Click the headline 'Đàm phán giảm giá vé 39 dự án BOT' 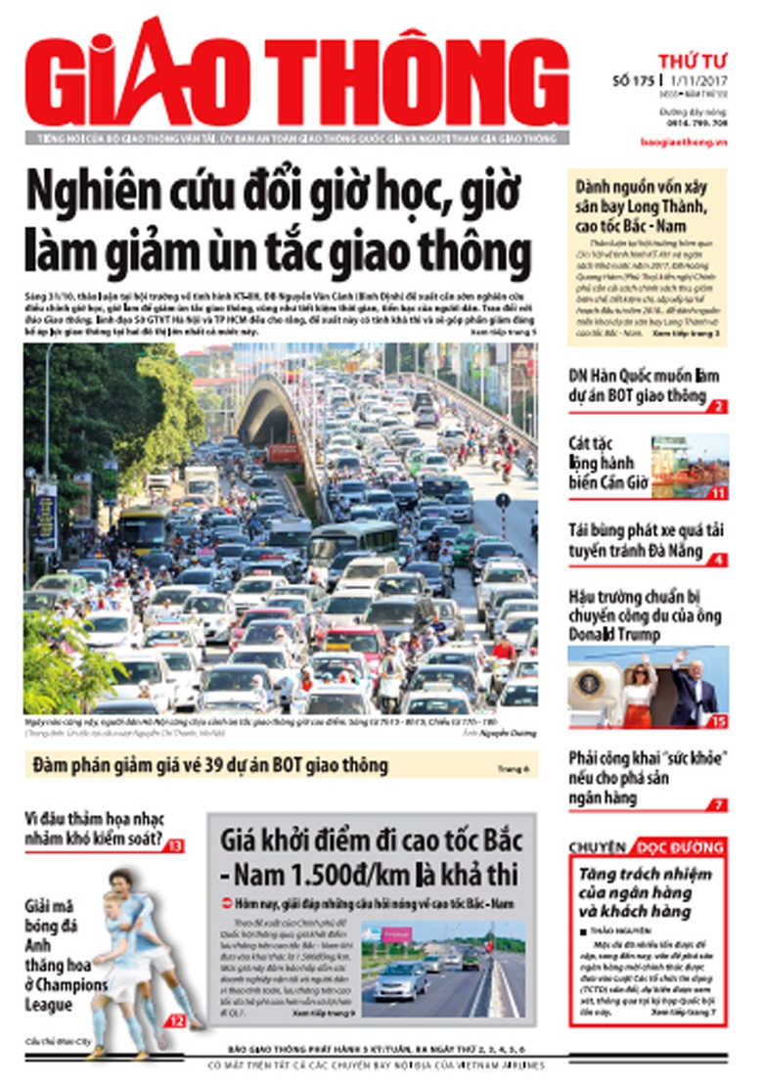[210, 765]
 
